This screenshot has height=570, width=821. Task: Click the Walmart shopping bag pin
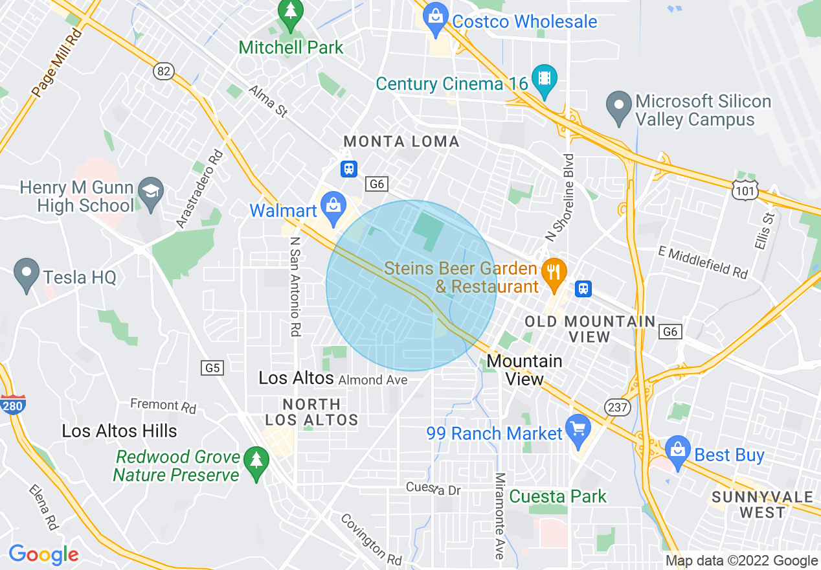pyautogui.click(x=333, y=207)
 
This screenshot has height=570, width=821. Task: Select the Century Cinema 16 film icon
pyautogui.click(x=544, y=80)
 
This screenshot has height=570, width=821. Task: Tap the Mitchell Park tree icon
pyautogui.click(x=290, y=12)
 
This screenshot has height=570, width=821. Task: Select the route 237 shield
pyautogui.click(x=615, y=407)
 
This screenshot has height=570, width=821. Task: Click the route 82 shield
pyautogui.click(x=164, y=71)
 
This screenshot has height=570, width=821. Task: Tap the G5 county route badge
pyautogui.click(x=213, y=368)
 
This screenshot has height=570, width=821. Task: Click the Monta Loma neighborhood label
pyautogui.click(x=401, y=141)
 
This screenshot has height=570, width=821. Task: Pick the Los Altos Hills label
pyautogui.click(x=119, y=431)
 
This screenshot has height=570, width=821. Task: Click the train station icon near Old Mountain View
pyautogui.click(x=583, y=288)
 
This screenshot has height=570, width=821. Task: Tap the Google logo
pyautogui.click(x=43, y=554)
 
